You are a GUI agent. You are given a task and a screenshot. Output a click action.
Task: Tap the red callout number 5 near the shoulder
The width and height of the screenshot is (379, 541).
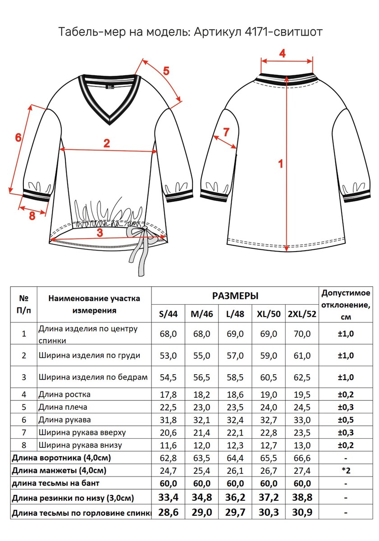(166, 71)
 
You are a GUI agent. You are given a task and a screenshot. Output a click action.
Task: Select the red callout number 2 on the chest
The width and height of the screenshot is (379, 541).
(107, 144)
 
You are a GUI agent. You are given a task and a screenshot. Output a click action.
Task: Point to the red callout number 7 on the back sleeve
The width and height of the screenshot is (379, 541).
(226, 132)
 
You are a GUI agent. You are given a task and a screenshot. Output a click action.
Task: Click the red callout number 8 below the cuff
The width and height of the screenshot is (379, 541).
(32, 215)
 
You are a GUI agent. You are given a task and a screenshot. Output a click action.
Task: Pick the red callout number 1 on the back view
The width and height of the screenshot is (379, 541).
(280, 164)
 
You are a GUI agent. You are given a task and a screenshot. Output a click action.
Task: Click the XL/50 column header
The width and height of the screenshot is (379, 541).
(268, 314)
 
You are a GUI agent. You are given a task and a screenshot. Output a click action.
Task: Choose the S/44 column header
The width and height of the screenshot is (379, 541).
(168, 314)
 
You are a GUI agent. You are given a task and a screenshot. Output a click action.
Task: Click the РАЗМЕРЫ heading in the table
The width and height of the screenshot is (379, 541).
(235, 296)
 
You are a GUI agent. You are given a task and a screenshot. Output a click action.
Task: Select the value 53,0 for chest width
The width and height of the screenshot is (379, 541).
(168, 356)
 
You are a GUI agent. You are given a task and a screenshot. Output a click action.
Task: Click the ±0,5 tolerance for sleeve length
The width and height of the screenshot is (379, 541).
(346, 420)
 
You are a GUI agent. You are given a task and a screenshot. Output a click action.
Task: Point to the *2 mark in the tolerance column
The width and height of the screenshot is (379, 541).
(346, 471)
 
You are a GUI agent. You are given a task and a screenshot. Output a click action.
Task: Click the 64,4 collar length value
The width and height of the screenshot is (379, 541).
(235, 458)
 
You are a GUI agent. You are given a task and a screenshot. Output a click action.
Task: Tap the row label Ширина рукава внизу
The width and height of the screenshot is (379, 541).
(80, 445)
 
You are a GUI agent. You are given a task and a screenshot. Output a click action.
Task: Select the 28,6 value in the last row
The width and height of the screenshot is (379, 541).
(168, 513)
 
